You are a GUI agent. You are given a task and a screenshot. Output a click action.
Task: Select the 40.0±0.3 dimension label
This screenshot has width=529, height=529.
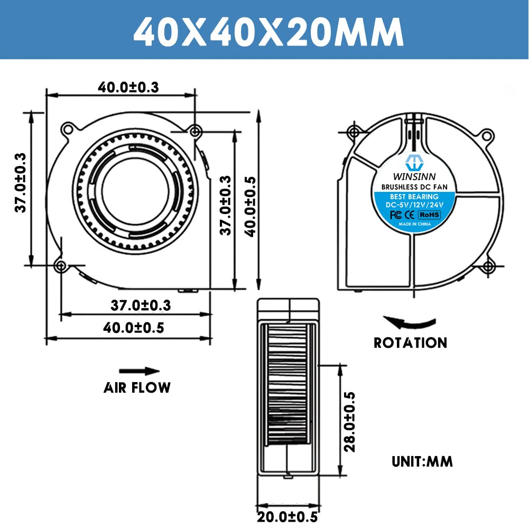[128, 87]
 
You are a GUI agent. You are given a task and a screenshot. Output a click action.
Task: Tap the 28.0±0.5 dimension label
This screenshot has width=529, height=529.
[349, 421]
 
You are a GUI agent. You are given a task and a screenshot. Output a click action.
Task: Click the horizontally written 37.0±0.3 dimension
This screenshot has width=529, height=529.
[141, 305]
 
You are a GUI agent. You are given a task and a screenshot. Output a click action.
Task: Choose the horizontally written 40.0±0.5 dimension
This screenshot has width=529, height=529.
[133, 328]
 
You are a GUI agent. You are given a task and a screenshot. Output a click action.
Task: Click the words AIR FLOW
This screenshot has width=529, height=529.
[137, 387]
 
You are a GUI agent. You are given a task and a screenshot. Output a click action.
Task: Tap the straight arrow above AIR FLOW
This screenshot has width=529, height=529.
[138, 371]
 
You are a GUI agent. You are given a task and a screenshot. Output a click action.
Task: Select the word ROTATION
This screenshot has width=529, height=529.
[410, 342]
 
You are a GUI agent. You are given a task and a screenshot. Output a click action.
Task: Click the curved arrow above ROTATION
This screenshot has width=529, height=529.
[410, 322]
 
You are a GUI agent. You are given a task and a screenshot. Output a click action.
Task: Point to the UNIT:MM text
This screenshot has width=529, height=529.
[422, 461]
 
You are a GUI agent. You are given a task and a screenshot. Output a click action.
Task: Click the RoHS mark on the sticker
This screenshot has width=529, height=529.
[429, 215]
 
